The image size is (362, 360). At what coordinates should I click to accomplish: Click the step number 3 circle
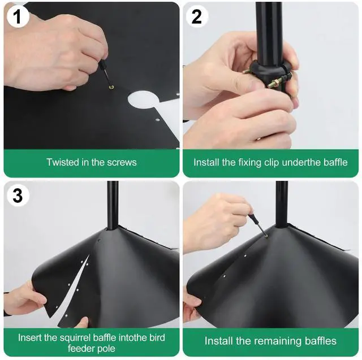[18, 196]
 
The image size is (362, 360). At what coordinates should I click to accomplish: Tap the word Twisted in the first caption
[62, 162]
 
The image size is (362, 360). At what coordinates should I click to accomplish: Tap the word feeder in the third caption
[75, 349]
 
